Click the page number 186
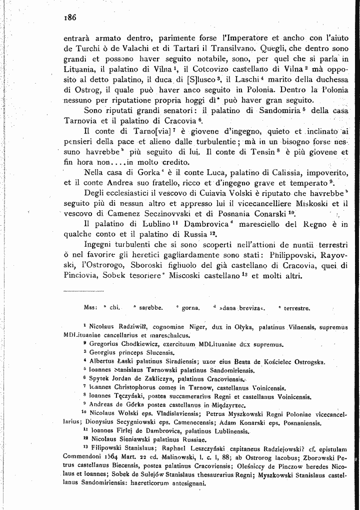coord(69,18)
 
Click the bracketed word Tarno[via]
coord(148,132)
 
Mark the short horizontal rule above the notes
coord(83,290)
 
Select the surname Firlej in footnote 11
coord(123,430)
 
